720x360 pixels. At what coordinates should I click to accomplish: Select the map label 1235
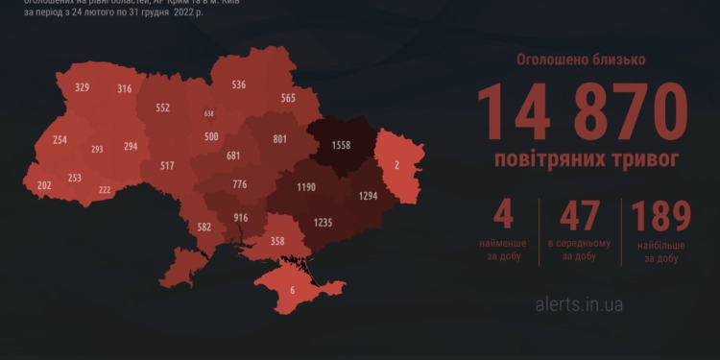click(324, 223)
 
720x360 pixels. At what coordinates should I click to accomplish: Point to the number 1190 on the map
click(306, 185)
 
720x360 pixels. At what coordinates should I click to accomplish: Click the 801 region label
click(280, 138)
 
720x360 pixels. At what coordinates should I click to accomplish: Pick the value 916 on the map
click(240, 218)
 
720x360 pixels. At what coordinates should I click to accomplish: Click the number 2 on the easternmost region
click(396, 164)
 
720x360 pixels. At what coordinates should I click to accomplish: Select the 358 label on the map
click(278, 241)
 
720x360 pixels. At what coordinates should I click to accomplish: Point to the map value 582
click(204, 228)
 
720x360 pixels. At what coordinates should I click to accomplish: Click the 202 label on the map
click(44, 184)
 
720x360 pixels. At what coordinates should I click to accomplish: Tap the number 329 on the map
click(82, 87)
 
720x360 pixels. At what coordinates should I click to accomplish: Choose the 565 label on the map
click(288, 97)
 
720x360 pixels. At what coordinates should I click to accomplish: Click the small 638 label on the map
click(209, 113)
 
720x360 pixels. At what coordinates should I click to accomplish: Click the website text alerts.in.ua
click(580, 304)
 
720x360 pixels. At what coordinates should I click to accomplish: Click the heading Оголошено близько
click(581, 60)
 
